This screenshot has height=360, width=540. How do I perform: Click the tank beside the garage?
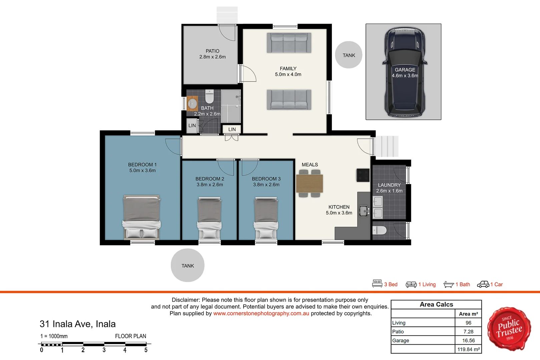point(349,55)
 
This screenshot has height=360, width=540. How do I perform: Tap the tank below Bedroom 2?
point(187,265)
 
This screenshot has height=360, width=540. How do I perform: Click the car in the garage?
point(405,72)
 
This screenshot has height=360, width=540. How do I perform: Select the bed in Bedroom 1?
point(142,217)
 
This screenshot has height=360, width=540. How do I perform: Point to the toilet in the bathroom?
point(209,96)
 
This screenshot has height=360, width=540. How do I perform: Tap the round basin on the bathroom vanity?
point(192,103)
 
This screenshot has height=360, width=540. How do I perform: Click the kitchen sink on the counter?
point(364,211)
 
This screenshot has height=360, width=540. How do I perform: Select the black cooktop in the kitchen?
point(363,175)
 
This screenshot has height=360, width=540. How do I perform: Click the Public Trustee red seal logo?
point(509,329)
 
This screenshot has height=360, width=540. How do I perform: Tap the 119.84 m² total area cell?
point(468,349)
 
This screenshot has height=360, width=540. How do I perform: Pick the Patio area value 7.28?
point(468,332)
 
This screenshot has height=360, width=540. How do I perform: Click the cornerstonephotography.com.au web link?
point(261,313)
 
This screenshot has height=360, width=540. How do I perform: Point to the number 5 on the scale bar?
point(146,350)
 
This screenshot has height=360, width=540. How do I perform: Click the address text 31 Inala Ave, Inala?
point(78,324)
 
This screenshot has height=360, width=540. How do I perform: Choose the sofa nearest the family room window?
point(289,43)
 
